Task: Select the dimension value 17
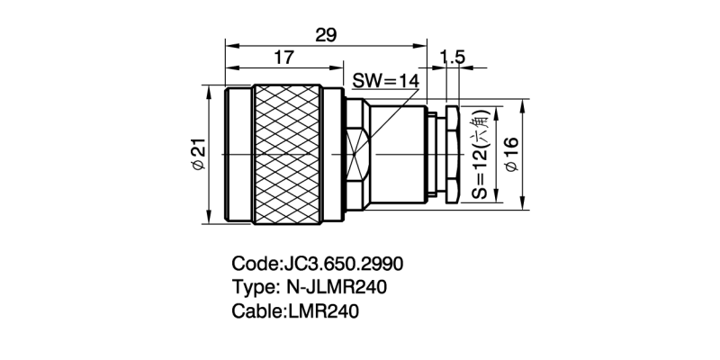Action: tap(283, 58)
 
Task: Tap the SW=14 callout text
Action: tap(385, 80)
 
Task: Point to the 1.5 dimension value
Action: tap(452, 58)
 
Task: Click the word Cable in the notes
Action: tap(256, 312)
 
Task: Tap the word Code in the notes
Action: tap(256, 265)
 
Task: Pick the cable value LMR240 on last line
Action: tap(323, 312)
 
